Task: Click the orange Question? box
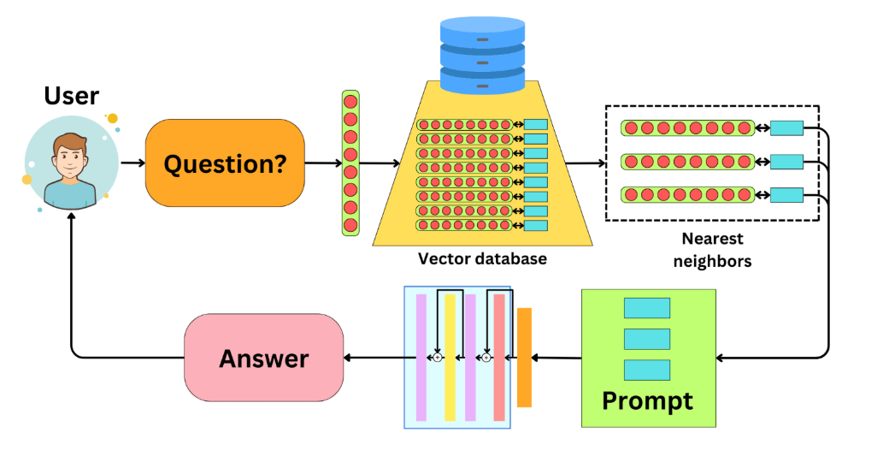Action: pos(225,163)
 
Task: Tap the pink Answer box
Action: pos(263,357)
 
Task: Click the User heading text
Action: pos(71,96)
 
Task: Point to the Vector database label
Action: pos(481,258)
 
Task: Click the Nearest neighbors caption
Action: pos(711,251)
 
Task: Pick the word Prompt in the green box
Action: pos(647,400)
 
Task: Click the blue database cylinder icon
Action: pos(480,55)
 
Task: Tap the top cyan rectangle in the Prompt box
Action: pos(646,308)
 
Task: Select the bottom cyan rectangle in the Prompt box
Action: pos(646,370)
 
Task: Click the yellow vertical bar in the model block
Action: pos(450,357)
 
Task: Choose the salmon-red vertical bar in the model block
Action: pos(499,357)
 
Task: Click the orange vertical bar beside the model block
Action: pos(524,357)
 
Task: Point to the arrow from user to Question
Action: pos(132,163)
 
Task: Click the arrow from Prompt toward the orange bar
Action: pos(556,357)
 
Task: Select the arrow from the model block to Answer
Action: pos(373,357)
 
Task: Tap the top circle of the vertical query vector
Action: pos(350,101)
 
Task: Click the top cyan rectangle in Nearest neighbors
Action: pos(786,128)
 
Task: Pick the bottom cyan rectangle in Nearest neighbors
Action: pos(786,194)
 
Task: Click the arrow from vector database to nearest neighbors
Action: pos(584,163)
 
